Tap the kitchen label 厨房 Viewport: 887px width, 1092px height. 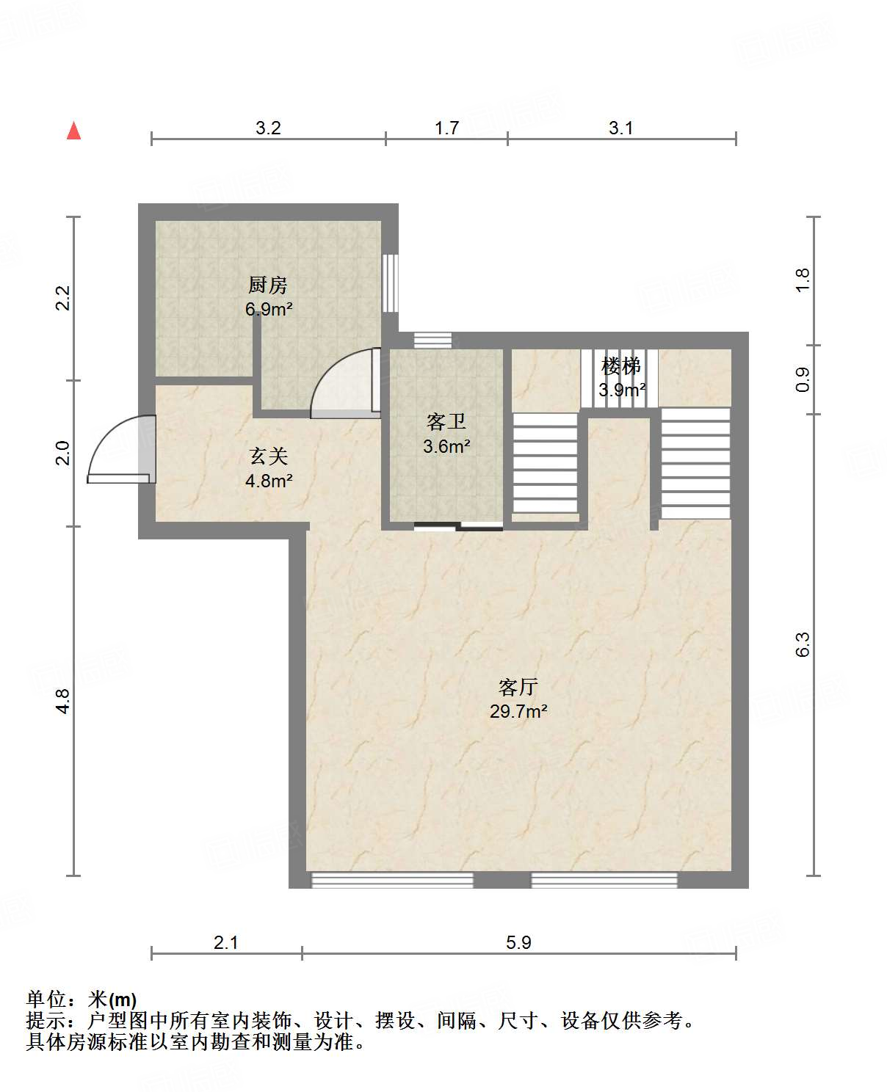coord(268,285)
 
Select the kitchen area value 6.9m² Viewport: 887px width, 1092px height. coord(269,309)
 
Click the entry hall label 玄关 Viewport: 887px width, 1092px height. coord(268,456)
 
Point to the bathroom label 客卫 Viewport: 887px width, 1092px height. coord(446,421)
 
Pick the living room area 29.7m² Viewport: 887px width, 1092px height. coord(518,712)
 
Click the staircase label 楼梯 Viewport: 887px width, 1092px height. coord(621,366)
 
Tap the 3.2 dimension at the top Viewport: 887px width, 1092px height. coord(268,128)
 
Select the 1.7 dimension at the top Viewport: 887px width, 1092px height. coord(447,128)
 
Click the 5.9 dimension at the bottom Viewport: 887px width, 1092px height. coord(518,942)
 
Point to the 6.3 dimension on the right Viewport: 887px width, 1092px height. coord(803,644)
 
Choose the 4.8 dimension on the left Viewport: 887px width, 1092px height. coord(62,702)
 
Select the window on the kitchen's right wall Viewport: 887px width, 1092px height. coord(390,283)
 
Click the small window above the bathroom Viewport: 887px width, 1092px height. coord(433,341)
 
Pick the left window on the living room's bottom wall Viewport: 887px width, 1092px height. coord(392,880)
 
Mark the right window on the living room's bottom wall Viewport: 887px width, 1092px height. coord(604,880)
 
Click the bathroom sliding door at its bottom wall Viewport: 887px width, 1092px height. coord(458,525)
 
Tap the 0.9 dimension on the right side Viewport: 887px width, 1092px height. coord(803,380)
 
